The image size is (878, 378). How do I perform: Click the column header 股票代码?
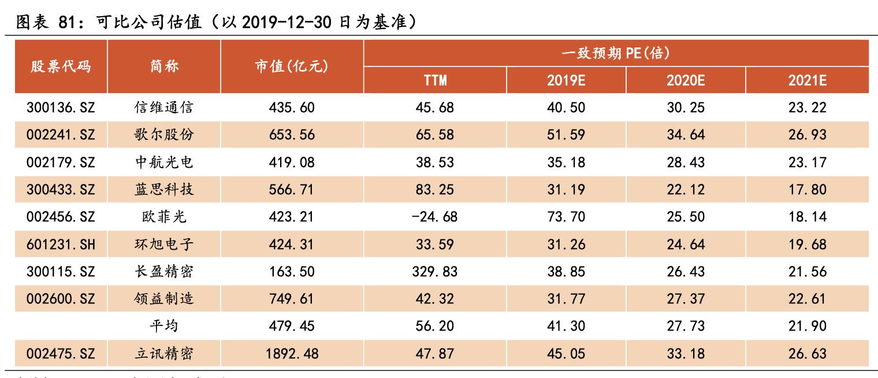61,66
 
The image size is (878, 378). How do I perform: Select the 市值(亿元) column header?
292,66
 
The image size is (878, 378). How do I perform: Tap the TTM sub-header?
435,80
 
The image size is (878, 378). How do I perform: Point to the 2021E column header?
807,80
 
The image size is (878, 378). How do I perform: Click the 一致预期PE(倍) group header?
616,53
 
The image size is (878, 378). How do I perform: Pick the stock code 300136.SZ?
61,108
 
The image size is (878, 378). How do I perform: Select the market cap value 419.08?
292,162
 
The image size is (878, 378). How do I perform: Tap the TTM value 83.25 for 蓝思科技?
435,190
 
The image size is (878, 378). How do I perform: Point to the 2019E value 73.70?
566,217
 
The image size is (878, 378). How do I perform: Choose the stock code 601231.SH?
61,244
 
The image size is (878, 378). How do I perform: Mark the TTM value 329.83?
435,272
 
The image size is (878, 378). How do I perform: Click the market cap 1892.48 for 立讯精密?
292,354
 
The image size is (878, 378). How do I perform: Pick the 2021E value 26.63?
807,354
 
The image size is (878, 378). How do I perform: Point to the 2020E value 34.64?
686,135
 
